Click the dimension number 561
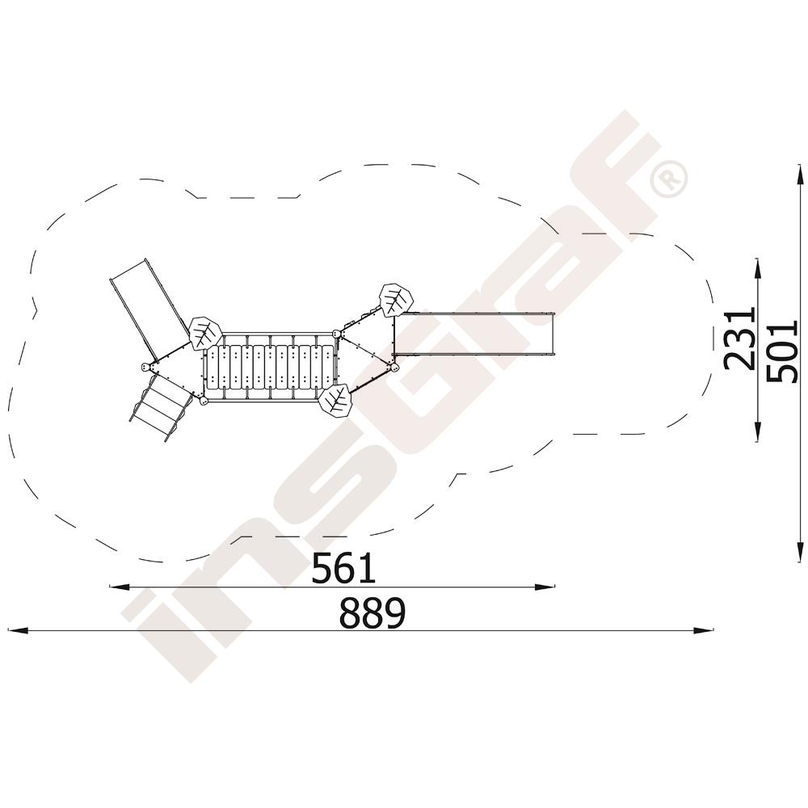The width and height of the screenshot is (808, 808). pyautogui.click(x=344, y=568)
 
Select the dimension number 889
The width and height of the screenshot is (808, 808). pyautogui.click(x=372, y=613)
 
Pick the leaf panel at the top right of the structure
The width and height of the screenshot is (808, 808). pyautogui.click(x=396, y=300)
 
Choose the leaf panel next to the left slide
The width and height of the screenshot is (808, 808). pyautogui.click(x=205, y=334)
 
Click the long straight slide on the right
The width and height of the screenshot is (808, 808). pyautogui.click(x=473, y=334)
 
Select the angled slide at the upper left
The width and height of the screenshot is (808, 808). pyautogui.click(x=149, y=310)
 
